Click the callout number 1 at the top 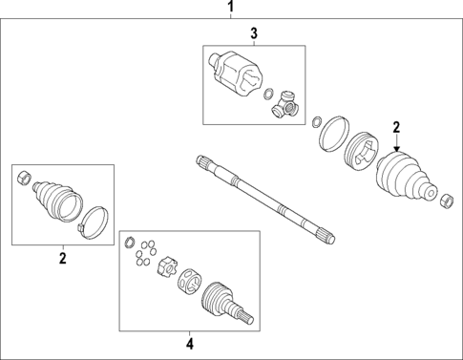pyautogui.click(x=230, y=9)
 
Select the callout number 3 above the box pyautogui.click(x=253, y=34)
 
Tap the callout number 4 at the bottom pyautogui.click(x=188, y=343)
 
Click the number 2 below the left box pyautogui.click(x=62, y=257)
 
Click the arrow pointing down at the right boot pyautogui.click(x=396, y=146)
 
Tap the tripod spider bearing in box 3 pyautogui.click(x=288, y=106)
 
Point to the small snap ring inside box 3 pyautogui.click(x=269, y=94)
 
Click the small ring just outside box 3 pyautogui.click(x=316, y=121)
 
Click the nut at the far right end pyautogui.click(x=444, y=200)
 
